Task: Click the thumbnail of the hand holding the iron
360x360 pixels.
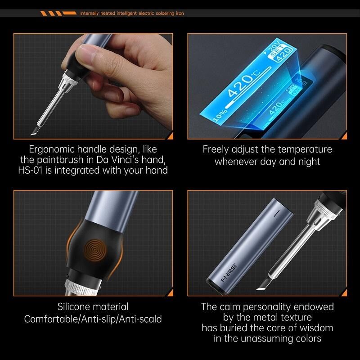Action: pyautogui.click(x=93, y=86)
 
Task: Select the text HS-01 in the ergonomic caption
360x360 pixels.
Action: pyautogui.click(x=31, y=171)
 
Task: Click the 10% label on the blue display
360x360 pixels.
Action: pyautogui.click(x=220, y=115)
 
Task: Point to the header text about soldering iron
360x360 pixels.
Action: pyautogui.click(x=132, y=13)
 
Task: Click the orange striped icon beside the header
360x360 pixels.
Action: pyautogui.click(x=58, y=13)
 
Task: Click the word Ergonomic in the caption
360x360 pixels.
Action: pyautogui.click(x=52, y=149)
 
